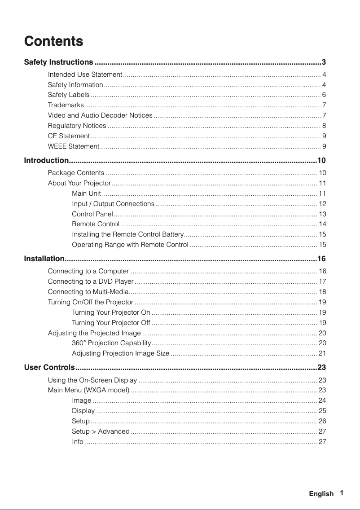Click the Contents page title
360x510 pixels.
[53, 41]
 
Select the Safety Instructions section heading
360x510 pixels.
[58, 62]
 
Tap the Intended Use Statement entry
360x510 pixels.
[85, 74]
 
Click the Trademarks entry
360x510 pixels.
[66, 105]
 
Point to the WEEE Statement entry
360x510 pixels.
[74, 146]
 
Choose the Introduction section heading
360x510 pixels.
[46, 161]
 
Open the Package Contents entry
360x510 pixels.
[76, 173]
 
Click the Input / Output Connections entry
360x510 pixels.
[113, 204]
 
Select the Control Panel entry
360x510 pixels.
[92, 214]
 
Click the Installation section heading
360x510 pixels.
[44, 259]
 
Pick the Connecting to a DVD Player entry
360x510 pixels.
[91, 281]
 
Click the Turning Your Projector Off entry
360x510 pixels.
[111, 322]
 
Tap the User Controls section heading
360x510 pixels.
[49, 368]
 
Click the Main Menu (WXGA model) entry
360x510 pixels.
[89, 390]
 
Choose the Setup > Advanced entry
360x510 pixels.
[101, 431]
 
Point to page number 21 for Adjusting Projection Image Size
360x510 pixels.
[322, 353]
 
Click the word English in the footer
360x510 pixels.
[321, 494]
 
